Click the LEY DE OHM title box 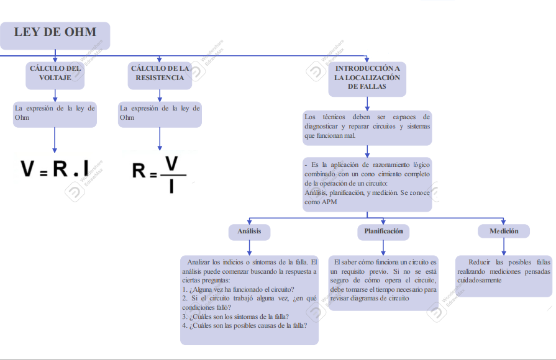point(55,35)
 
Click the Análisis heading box point(249,232)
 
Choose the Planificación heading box point(380,232)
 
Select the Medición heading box point(504,232)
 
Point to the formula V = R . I point(55,168)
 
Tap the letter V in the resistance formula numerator point(171,163)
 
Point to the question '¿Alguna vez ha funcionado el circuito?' point(240,289)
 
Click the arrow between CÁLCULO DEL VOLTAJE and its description point(55,96)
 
